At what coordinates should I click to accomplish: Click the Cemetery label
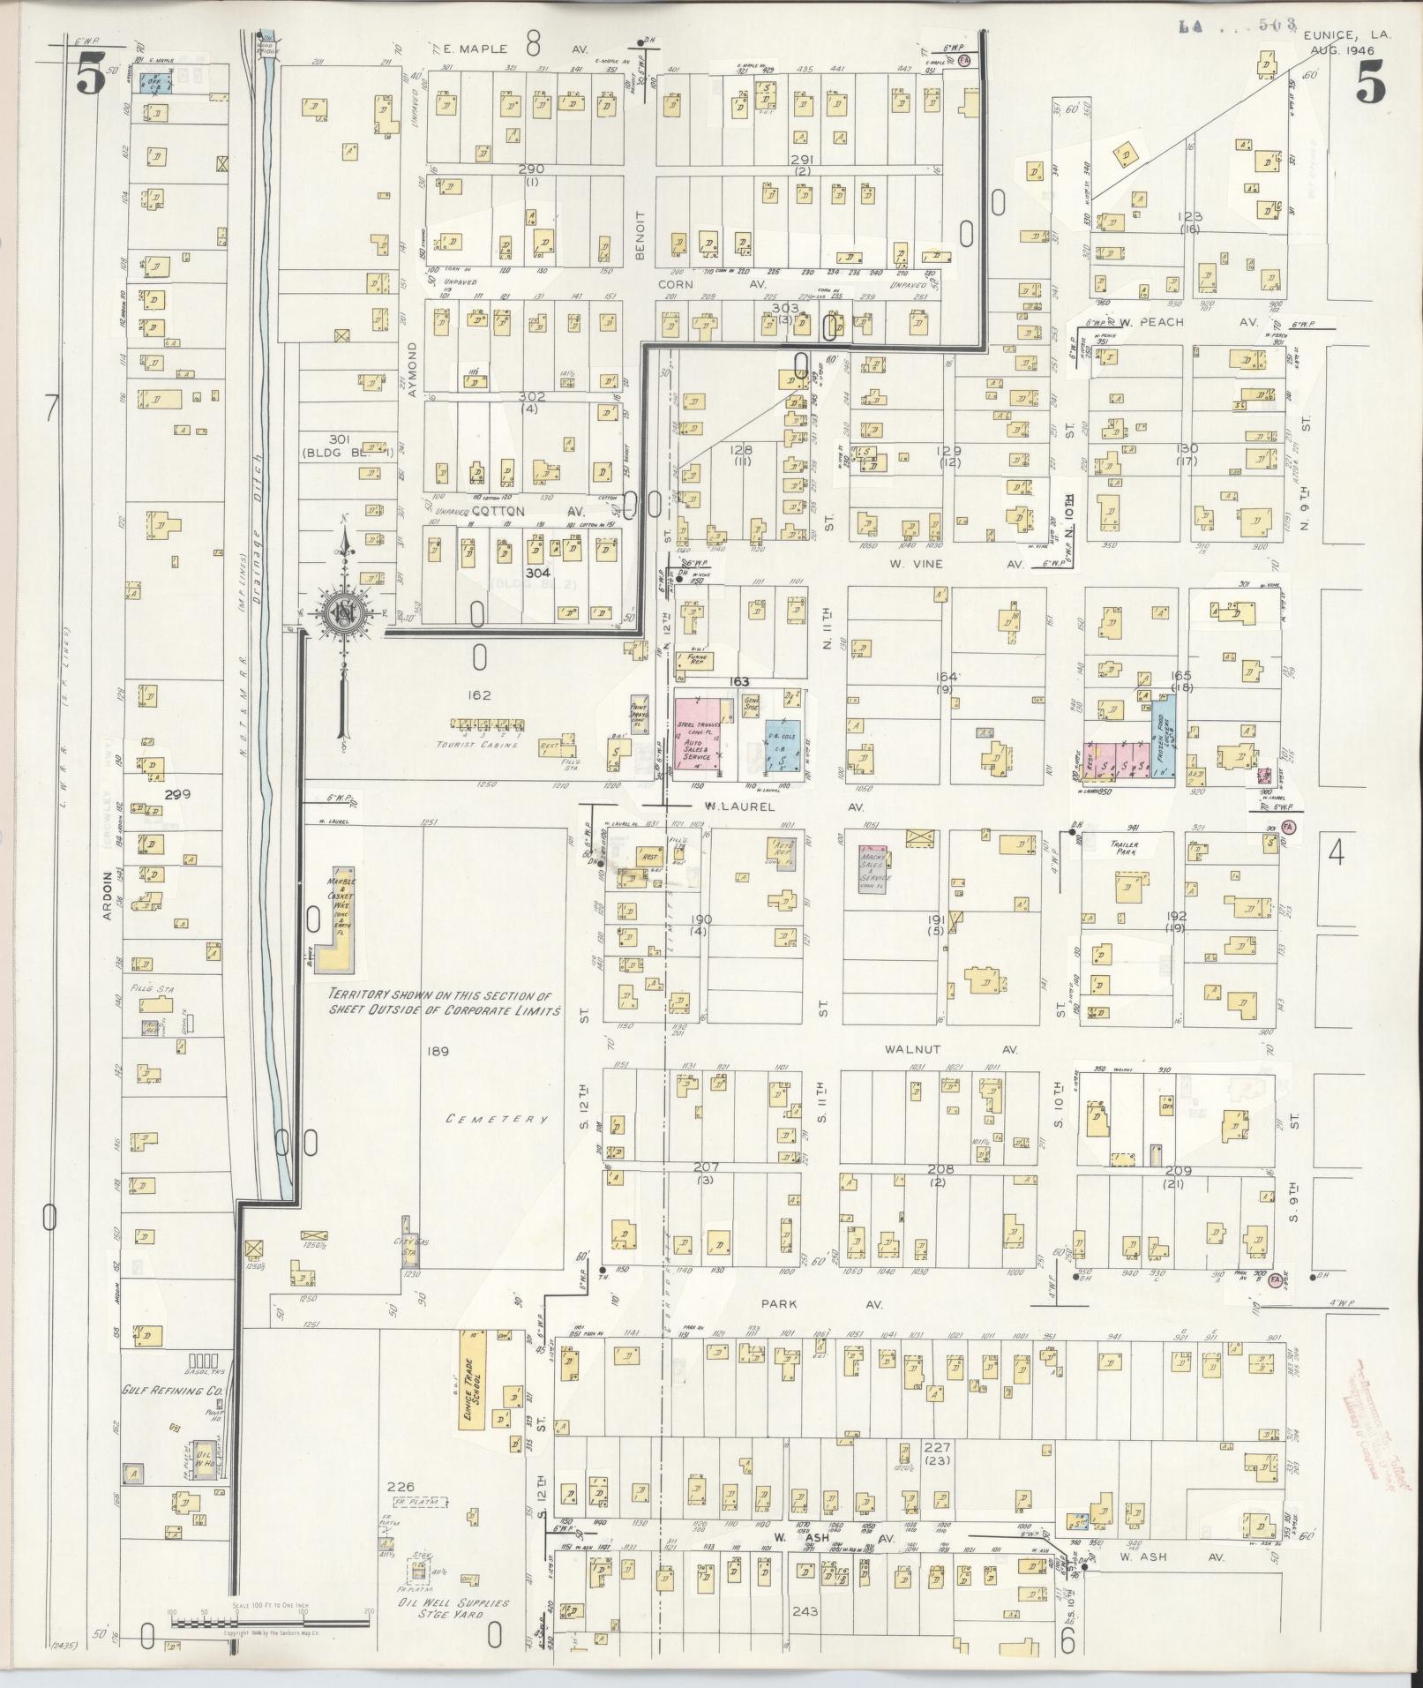pos(498,1120)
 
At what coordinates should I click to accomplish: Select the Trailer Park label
pos(1124,849)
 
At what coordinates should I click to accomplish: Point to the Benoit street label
pos(640,236)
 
